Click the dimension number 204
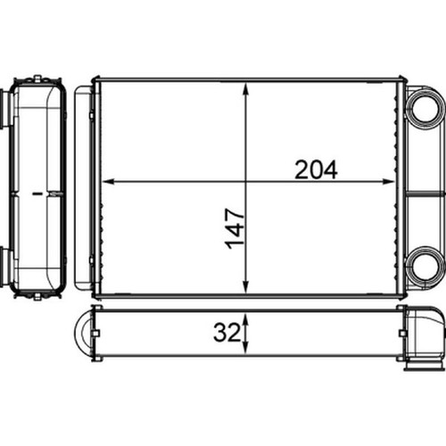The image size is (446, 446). [x=316, y=169]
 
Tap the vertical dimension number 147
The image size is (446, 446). [x=235, y=228]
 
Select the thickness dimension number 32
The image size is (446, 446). [x=227, y=333]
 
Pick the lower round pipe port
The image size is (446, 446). [x=425, y=266]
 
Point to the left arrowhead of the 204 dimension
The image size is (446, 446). [x=108, y=181]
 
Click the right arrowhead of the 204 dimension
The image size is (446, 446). [x=388, y=181]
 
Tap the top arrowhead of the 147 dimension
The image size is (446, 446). [x=245, y=88]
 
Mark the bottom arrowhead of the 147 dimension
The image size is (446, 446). [x=245, y=288]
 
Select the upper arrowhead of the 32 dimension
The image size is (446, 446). [x=245, y=318]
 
